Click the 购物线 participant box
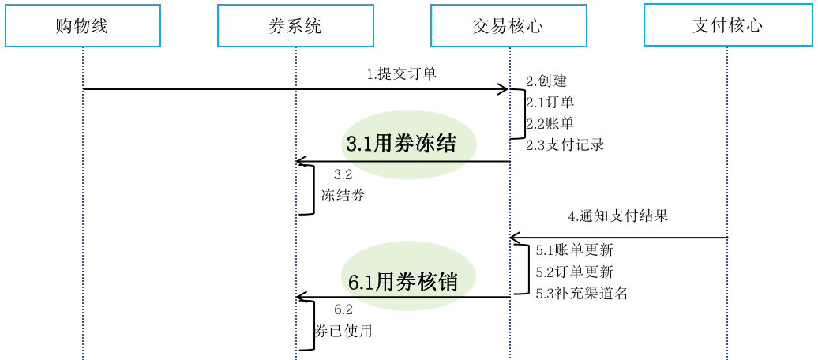coord(83,25)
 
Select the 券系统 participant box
coord(295,25)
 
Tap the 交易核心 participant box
coord(508,25)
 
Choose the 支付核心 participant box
coord(727,24)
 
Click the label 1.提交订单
coord(401,74)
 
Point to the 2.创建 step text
coord(546,81)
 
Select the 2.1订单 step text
coord(550,102)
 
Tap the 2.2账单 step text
coord(550,123)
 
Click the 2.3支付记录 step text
coord(565,144)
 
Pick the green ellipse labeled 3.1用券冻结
coord(408,144)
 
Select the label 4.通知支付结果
coord(618,216)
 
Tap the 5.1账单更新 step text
coord(574,250)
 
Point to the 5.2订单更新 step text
coord(574,272)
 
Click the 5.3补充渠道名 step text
coord(581,294)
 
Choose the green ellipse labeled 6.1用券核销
coord(408,280)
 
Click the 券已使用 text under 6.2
coord(343,332)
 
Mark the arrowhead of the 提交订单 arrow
coord(503,89)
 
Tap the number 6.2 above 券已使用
coord(343,310)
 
